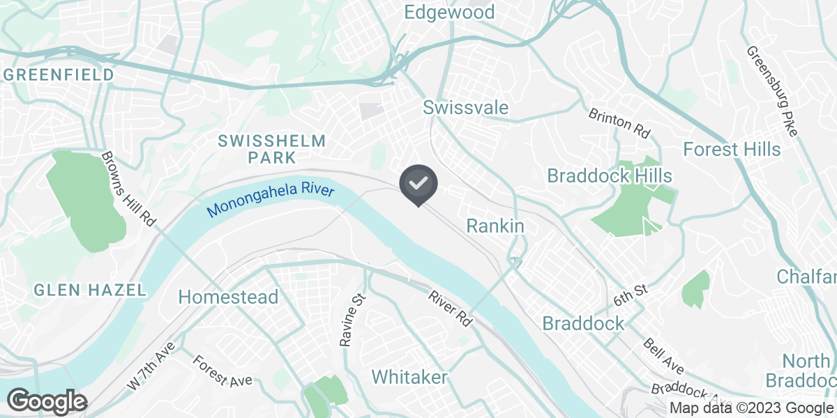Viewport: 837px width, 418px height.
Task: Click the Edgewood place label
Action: (x=450, y=12)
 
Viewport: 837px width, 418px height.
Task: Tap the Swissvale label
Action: (x=465, y=108)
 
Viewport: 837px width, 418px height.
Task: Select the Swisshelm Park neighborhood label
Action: (x=272, y=149)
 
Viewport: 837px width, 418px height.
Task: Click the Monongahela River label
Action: (x=271, y=199)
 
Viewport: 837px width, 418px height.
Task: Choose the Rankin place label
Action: (x=495, y=226)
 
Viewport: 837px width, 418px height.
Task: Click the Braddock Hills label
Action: (x=610, y=175)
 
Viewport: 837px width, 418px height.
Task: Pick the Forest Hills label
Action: (x=732, y=149)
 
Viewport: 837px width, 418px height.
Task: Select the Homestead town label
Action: (x=228, y=297)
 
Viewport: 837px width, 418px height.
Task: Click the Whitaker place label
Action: (x=409, y=377)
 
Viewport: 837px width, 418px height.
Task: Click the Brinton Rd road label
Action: (x=619, y=121)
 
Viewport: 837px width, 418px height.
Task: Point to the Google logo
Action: (x=47, y=401)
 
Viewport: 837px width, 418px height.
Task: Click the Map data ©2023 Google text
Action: (x=752, y=408)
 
